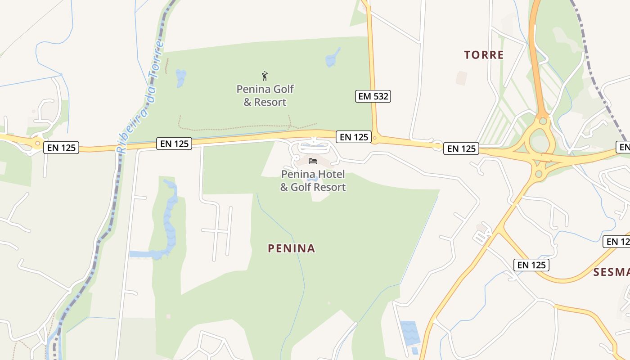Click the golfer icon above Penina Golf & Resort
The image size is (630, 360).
tap(265, 76)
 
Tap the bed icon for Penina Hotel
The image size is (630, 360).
tap(313, 161)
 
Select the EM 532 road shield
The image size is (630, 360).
tap(373, 96)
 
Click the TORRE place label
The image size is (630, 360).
tap(484, 55)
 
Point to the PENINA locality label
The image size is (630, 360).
tap(291, 248)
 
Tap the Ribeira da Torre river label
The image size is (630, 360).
tap(141, 97)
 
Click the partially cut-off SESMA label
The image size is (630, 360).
tap(611, 272)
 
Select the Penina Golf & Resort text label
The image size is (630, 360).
tap(265, 95)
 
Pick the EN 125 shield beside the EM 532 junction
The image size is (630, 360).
tap(354, 137)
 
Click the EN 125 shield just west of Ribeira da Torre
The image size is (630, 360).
tap(61, 147)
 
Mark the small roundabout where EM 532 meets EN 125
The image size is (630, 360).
tap(375, 138)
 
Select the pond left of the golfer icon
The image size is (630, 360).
tap(180, 78)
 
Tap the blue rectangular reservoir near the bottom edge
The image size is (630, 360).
tap(410, 333)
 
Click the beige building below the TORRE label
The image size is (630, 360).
tap(461, 78)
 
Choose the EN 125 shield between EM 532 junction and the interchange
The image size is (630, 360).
tap(461, 148)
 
